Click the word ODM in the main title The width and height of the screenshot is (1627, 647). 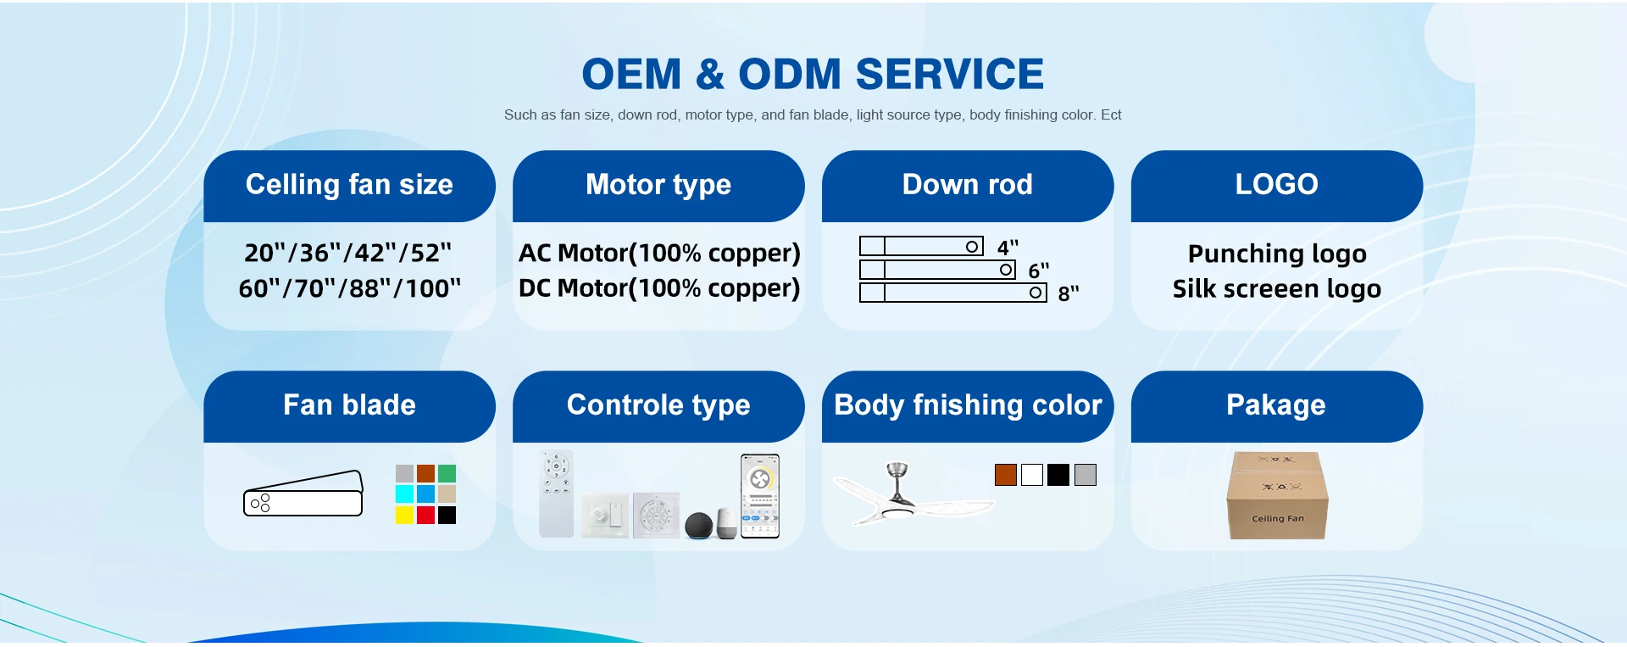tap(791, 75)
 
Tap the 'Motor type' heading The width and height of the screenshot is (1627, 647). tap(658, 185)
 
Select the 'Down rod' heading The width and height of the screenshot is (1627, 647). tap(968, 184)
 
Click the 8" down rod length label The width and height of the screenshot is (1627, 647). tap(1069, 293)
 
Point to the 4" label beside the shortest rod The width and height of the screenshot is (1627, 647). tap(1008, 248)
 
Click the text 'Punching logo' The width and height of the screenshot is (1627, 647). tap(1277, 254)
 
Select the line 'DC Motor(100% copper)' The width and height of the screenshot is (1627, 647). tap(659, 288)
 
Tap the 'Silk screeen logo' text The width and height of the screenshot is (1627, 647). tap(1277, 289)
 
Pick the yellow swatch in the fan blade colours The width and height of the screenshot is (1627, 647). tap(404, 515)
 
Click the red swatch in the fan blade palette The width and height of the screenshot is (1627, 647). tap(425, 515)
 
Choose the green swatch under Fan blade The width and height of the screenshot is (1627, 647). tap(447, 473)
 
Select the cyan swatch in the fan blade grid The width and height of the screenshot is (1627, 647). tap(404, 494)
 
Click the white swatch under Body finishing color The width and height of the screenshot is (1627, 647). tap(1032, 475)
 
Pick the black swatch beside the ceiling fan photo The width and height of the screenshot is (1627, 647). tap(1058, 475)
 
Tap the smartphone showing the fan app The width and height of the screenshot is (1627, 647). tap(760, 496)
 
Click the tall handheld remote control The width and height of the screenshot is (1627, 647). tap(557, 494)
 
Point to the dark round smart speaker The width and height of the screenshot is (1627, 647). tap(699, 526)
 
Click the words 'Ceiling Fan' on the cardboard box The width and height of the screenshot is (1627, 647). tap(1278, 519)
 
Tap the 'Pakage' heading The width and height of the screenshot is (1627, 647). tap(1276, 405)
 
